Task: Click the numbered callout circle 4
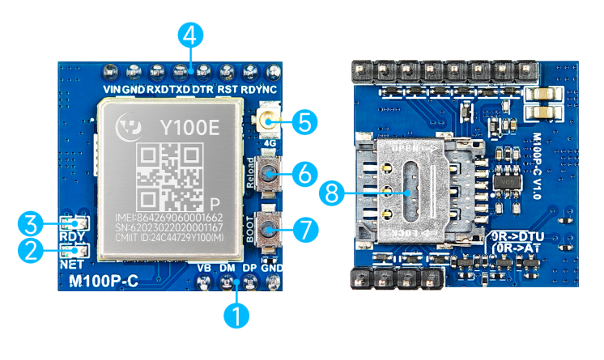click(x=189, y=36)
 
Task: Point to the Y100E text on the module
click(x=189, y=127)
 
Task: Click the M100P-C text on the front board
click(x=104, y=282)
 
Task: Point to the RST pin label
click(x=227, y=89)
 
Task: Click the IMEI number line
click(x=170, y=218)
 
